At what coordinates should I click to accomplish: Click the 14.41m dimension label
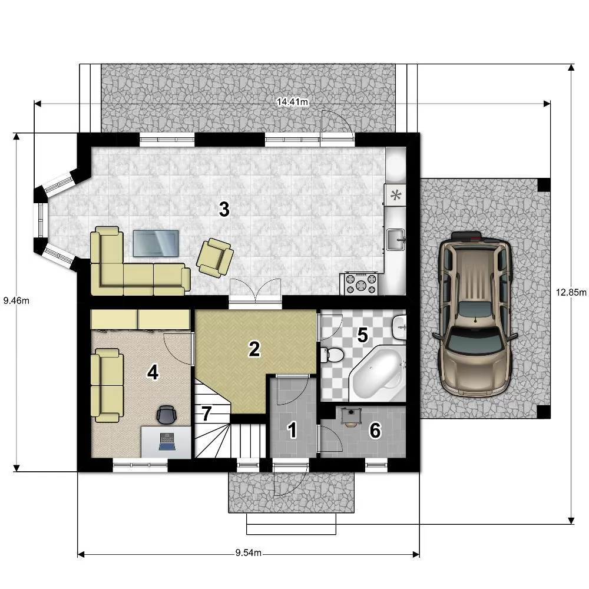(292, 102)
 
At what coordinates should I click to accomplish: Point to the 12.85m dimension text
(571, 292)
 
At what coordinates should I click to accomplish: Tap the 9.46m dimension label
(16, 300)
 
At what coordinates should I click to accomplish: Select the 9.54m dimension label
(249, 552)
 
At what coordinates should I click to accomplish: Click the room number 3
(224, 209)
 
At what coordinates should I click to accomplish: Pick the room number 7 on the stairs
(206, 413)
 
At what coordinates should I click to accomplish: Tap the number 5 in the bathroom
(362, 335)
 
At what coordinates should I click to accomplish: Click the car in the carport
(475, 314)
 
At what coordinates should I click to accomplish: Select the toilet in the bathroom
(332, 355)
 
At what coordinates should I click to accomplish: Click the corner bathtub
(378, 373)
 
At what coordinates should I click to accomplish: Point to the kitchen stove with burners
(360, 284)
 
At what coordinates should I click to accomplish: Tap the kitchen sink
(396, 239)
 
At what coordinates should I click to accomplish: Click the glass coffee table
(156, 243)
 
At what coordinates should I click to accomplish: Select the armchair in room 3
(214, 258)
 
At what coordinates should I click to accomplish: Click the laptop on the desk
(167, 441)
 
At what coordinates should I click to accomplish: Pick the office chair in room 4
(167, 415)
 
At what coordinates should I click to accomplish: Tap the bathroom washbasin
(399, 327)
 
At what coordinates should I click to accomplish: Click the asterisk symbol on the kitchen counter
(396, 195)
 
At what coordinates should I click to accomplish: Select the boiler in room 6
(351, 416)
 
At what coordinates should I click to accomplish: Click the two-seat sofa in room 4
(107, 385)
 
